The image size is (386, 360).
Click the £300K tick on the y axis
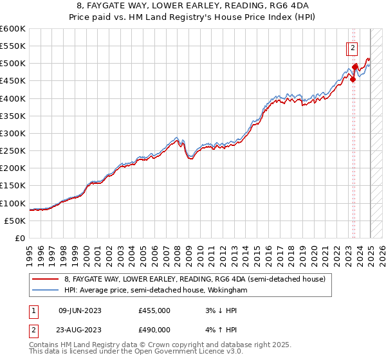(14, 133)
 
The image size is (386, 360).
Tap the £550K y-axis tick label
(14, 46)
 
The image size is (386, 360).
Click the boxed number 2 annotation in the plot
(353, 47)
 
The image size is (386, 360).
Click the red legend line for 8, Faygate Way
(46, 279)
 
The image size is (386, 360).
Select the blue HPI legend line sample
(46, 291)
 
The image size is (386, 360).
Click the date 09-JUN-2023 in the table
(80, 310)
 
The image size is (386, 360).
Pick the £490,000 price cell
(154, 329)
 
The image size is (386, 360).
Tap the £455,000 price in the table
(154, 310)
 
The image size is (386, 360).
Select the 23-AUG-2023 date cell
(80, 329)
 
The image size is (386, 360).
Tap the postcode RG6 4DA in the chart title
(284, 5)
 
